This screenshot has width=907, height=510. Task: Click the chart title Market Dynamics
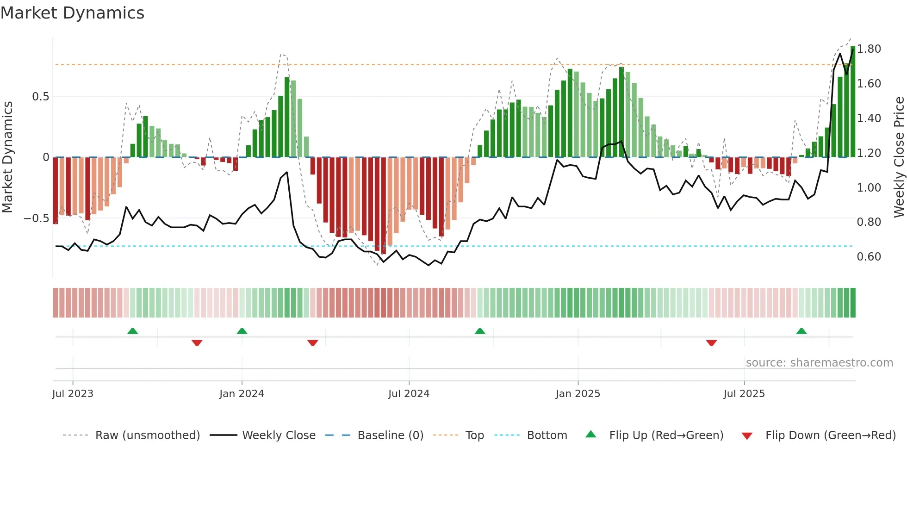pos(72,13)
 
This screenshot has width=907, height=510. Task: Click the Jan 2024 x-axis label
pos(242,394)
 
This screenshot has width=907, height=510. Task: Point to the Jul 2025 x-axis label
pos(744,394)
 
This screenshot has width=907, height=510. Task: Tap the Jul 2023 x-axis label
pos(73,394)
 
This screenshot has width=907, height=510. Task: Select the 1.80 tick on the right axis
pos(869,49)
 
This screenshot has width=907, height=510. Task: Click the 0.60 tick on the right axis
pos(869,257)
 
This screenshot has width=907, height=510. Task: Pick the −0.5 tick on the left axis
pos(36,218)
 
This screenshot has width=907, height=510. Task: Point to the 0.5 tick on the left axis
pos(40,97)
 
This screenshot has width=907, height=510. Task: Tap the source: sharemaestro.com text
pos(819,363)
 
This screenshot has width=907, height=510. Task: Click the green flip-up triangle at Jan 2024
pos(242,331)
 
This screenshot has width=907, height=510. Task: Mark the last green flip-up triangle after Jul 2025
pos(801,331)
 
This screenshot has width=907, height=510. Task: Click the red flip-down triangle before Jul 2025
pos(711,343)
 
